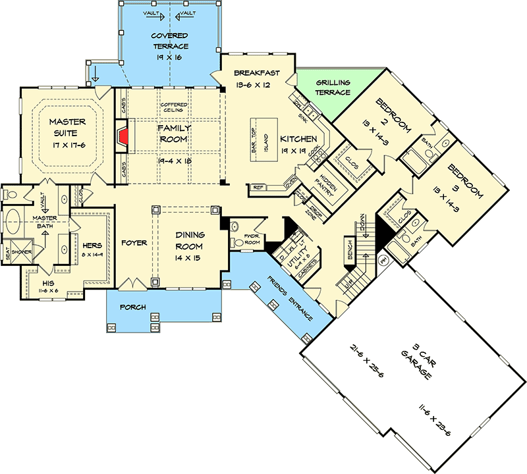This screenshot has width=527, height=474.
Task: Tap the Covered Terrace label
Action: click(x=169, y=41)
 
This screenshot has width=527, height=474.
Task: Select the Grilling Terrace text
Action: click(x=333, y=88)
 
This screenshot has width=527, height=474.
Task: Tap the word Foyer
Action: click(x=133, y=242)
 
